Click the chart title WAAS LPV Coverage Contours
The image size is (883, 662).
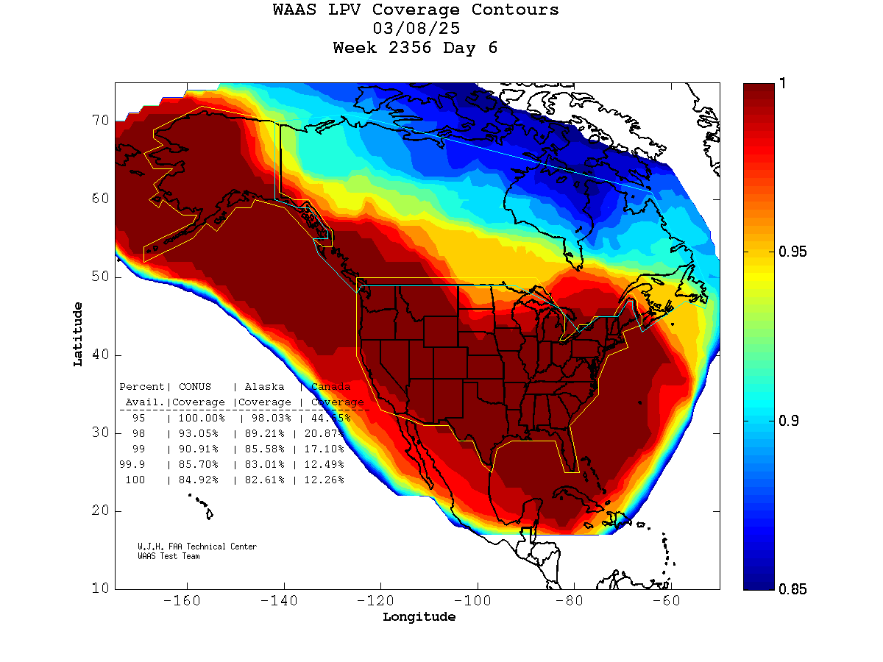416,10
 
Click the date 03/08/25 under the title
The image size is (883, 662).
416,29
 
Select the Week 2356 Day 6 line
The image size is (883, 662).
416,49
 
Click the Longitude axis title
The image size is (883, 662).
419,617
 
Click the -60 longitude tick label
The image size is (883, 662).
671,601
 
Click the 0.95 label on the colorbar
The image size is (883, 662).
792,252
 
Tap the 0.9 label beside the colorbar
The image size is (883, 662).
789,421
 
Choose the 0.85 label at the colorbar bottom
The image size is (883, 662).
792,589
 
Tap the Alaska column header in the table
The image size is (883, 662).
265,386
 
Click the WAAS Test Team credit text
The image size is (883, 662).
169,556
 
